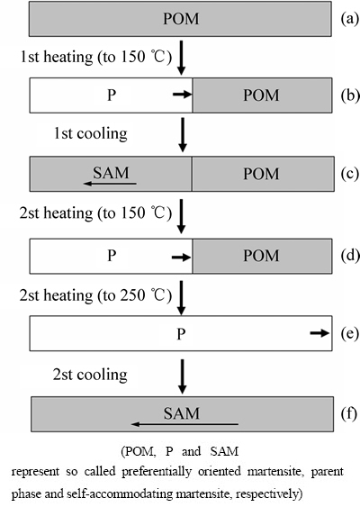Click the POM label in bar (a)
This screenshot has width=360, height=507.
pyautogui.click(x=181, y=19)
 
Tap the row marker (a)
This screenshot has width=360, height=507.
pyautogui.click(x=350, y=19)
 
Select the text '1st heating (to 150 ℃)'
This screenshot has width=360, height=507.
pyautogui.click(x=96, y=57)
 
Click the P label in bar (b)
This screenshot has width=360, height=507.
pyautogui.click(x=112, y=95)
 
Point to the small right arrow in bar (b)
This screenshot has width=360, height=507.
pyautogui.click(x=183, y=95)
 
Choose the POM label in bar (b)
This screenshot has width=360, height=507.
pyautogui.click(x=261, y=95)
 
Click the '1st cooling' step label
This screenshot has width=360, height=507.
pyautogui.click(x=91, y=133)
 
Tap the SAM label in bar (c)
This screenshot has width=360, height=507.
pyautogui.click(x=111, y=173)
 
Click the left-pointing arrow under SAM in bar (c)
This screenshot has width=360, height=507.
pyautogui.click(x=110, y=184)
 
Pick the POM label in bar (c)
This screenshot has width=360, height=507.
pyautogui.click(x=261, y=174)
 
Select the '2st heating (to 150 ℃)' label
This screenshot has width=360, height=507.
pyautogui.click(x=95, y=213)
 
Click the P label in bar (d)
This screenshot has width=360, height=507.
pyautogui.click(x=112, y=256)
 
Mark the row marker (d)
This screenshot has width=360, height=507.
pyautogui.click(x=350, y=256)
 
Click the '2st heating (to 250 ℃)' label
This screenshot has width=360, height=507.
pyautogui.click(x=95, y=295)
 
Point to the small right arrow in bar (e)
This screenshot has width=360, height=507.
pyautogui.click(x=319, y=333)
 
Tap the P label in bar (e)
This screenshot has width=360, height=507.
pyautogui.click(x=181, y=334)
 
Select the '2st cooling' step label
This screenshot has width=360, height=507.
pyautogui.click(x=90, y=375)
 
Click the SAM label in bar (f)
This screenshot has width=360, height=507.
pyautogui.click(x=181, y=413)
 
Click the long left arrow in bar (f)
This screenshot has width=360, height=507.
pyautogui.click(x=184, y=424)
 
